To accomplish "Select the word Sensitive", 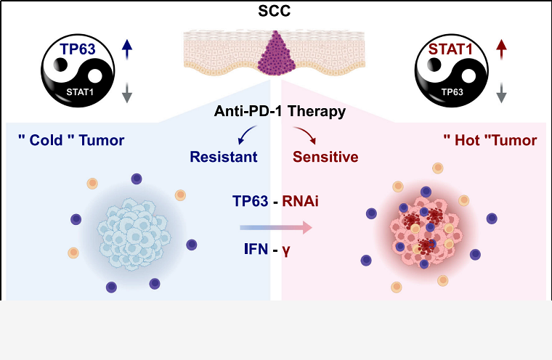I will (x=325, y=156).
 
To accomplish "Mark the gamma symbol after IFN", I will (x=296, y=252).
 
